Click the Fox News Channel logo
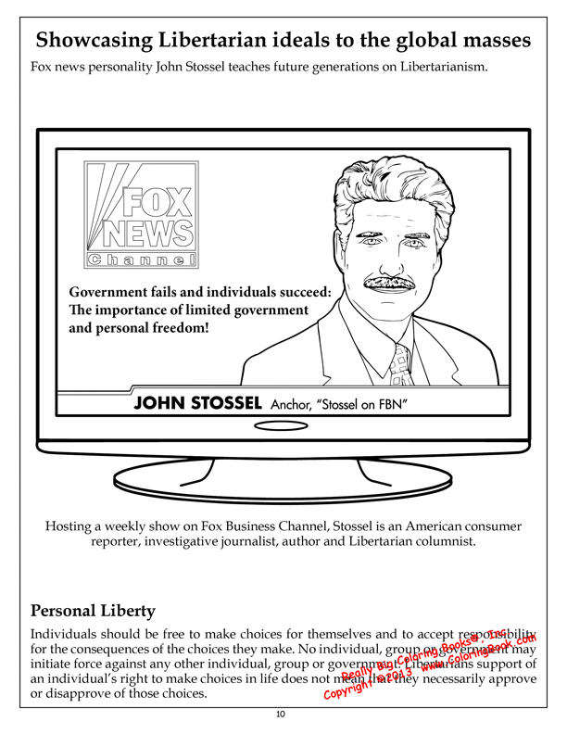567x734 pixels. click(x=141, y=216)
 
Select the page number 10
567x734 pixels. click(x=281, y=714)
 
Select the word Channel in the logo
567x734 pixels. click(x=142, y=259)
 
